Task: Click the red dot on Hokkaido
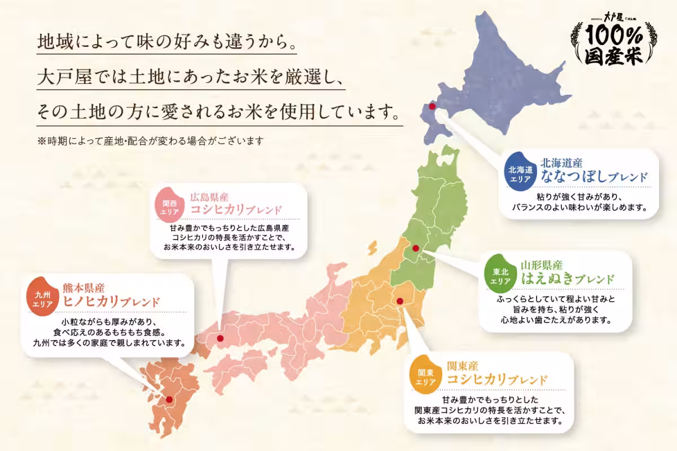point(432,106)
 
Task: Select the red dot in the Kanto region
point(400,301)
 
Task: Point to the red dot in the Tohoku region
point(416,248)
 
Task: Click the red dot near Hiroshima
point(220,338)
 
